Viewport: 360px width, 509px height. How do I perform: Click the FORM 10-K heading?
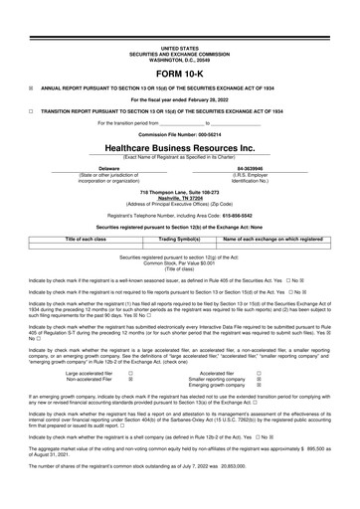click(x=179, y=75)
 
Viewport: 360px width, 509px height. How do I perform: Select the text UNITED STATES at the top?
click(x=179, y=47)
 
